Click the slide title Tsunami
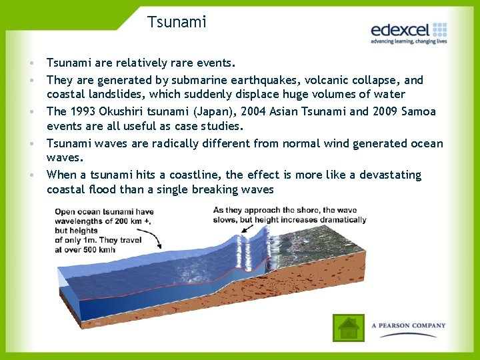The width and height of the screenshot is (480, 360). pos(177,22)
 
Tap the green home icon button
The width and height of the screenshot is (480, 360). pos(349,328)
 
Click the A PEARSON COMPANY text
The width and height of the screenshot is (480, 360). pos(408,326)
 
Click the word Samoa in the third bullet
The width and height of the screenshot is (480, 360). pos(417,111)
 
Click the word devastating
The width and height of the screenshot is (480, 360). pos(390,175)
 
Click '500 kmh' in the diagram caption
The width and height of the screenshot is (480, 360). pos(100,249)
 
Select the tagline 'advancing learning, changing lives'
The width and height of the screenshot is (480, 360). pos(408,41)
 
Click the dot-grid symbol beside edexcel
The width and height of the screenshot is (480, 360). pos(439,29)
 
